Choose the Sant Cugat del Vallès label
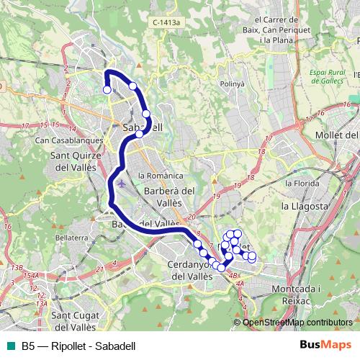(70, 321)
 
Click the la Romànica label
(161, 176)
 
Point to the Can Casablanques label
(60, 140)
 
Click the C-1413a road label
(167, 23)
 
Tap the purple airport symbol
(120, 183)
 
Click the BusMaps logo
(325, 346)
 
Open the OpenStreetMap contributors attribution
(297, 323)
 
